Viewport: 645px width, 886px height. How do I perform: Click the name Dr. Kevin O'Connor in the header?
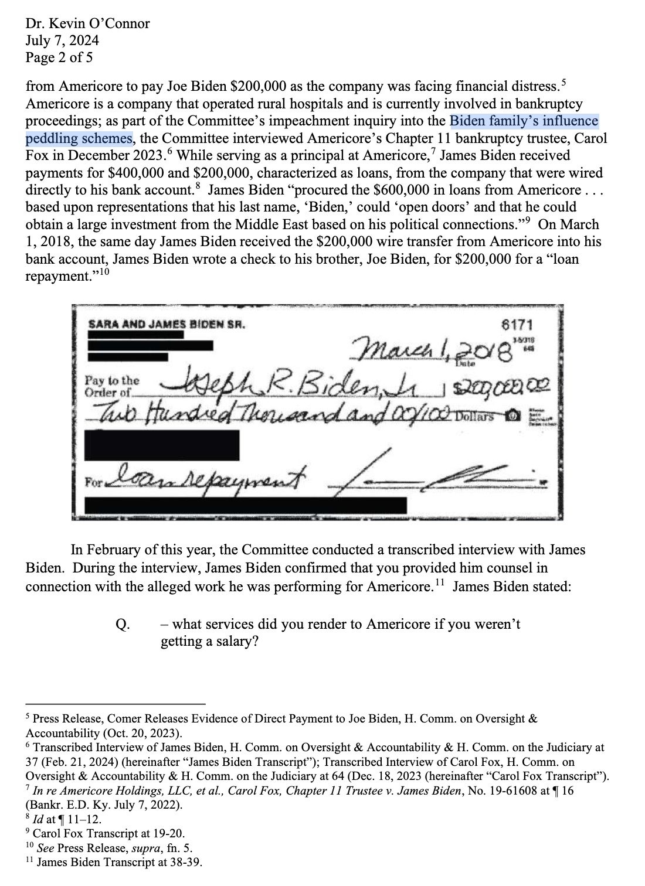(x=87, y=24)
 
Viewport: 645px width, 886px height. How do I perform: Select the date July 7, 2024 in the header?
(x=62, y=41)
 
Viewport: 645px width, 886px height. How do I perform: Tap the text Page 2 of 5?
(x=59, y=58)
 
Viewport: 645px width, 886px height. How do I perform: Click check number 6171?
(x=518, y=325)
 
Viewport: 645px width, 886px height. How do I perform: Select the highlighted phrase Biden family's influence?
(x=524, y=121)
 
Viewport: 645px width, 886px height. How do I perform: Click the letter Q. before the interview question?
(x=123, y=625)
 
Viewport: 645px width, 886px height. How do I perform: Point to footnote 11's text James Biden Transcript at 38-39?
(x=120, y=862)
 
